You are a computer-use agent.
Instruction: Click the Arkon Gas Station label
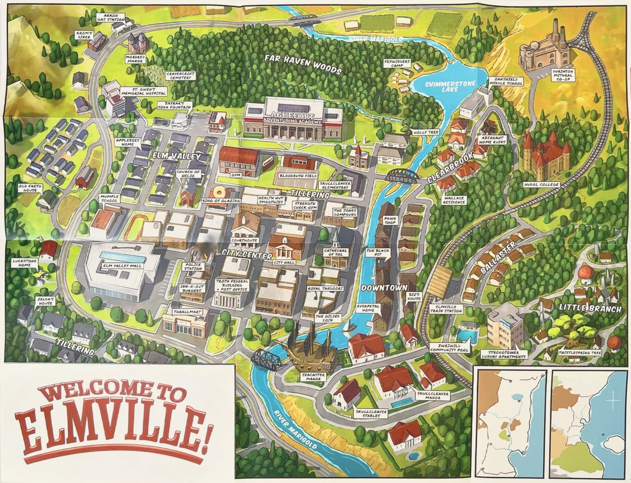click(111, 18)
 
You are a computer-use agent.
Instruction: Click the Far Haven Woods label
click(303, 64)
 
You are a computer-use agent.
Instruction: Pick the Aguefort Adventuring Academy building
click(292, 119)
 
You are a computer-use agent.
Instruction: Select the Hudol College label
click(541, 185)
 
